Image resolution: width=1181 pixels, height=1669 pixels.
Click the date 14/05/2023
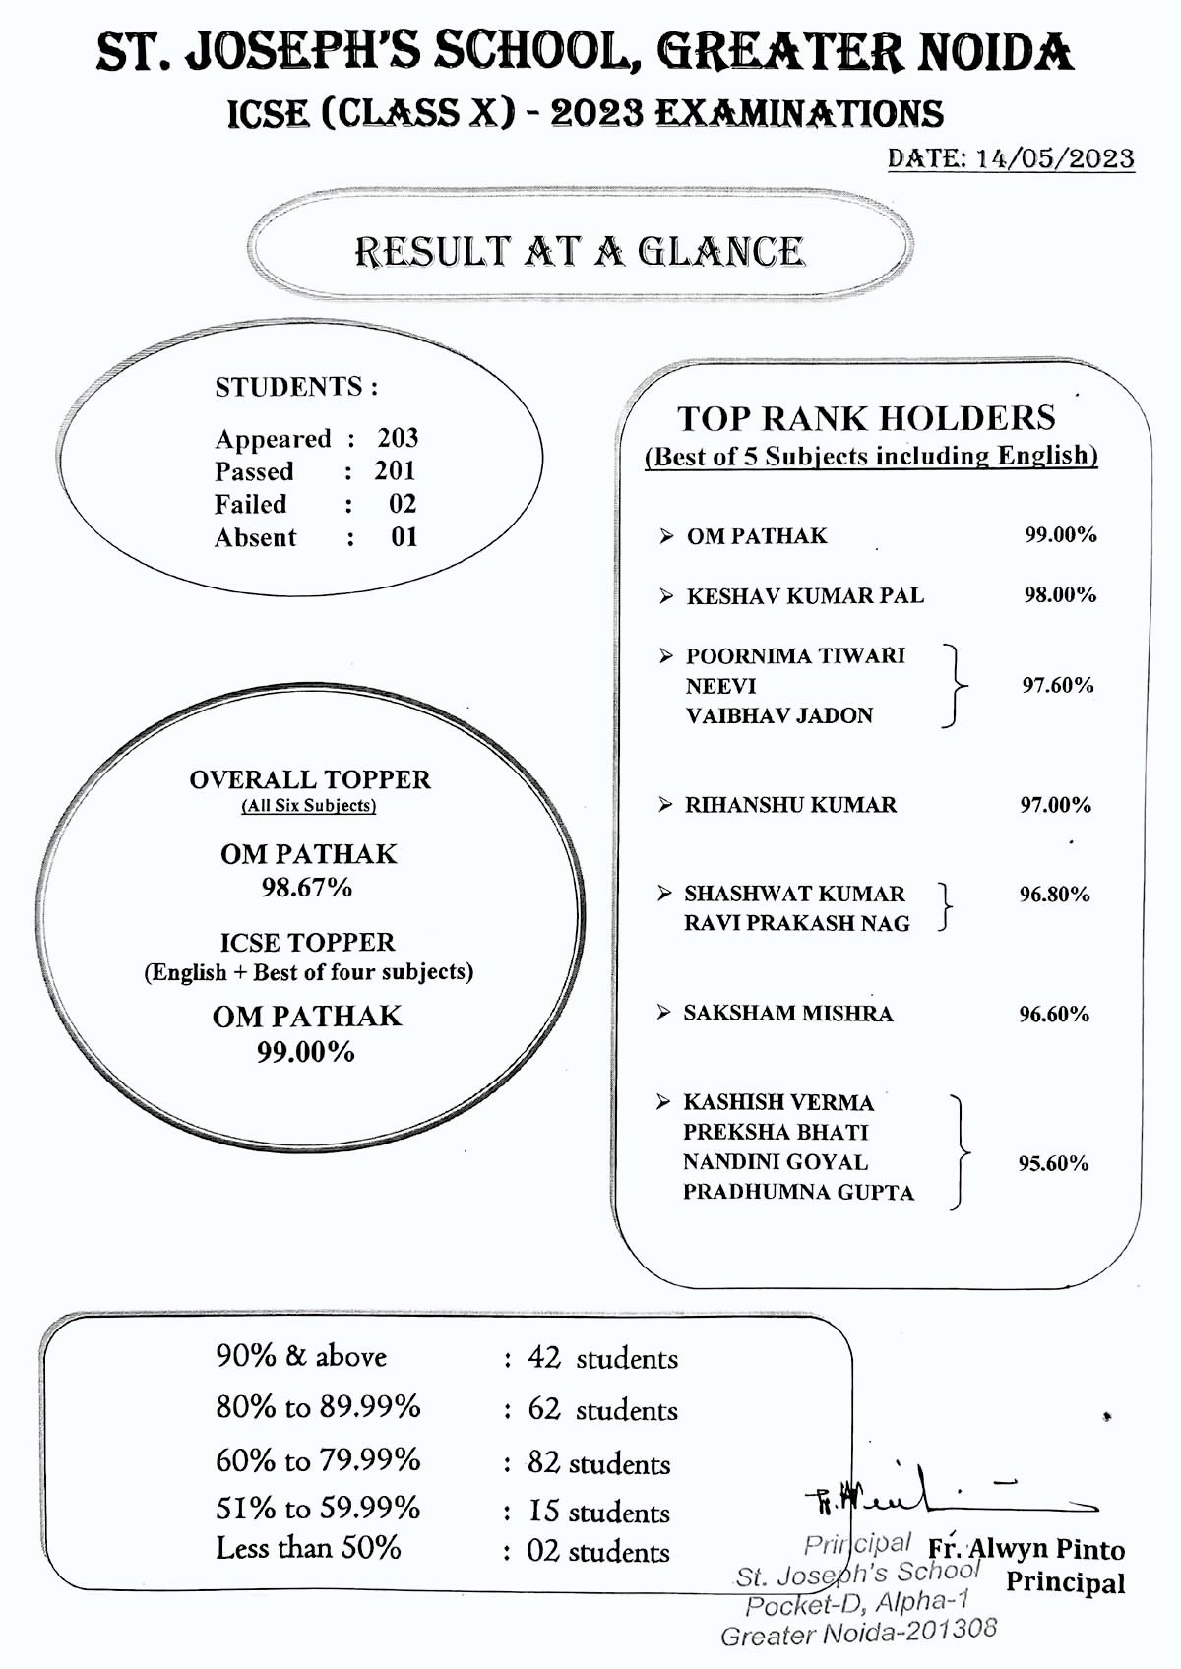coord(1054,159)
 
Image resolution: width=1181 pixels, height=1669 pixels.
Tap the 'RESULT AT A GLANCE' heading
coord(579,252)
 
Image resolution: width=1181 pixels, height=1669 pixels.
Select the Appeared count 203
coord(398,438)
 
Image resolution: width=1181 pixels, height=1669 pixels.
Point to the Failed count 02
coord(403,504)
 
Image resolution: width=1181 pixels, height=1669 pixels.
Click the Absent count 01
coord(404,537)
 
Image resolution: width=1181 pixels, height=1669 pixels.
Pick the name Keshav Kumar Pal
coord(805,596)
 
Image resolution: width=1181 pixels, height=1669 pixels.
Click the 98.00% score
coord(1060,595)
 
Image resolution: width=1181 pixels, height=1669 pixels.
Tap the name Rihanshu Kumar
coord(791,805)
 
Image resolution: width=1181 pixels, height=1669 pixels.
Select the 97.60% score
coord(1057,686)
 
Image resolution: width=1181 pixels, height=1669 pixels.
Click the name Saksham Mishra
coord(788,1014)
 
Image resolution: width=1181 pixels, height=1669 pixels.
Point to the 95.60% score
coord(1053,1163)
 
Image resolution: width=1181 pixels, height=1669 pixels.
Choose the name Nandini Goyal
coord(776,1162)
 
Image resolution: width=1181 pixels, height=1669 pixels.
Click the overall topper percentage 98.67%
coord(307,888)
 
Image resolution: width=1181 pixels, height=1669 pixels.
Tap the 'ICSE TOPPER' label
coord(307,943)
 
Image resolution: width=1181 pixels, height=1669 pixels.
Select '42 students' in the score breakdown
coord(602,1359)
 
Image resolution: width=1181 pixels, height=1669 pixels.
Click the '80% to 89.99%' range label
coord(318,1407)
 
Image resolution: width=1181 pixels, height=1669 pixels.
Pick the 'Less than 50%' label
coord(308,1548)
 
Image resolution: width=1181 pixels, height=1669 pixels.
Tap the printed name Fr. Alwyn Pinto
coord(1026,1550)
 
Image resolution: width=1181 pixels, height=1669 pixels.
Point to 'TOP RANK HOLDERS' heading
coord(866,418)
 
